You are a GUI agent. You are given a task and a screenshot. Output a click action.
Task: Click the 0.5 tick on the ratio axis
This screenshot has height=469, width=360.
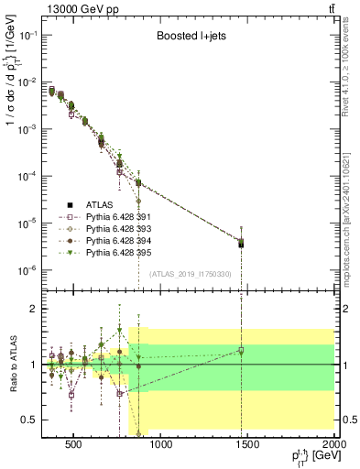click(34, 420)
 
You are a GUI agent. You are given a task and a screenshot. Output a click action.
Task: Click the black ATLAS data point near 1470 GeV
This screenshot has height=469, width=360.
click(241, 244)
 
